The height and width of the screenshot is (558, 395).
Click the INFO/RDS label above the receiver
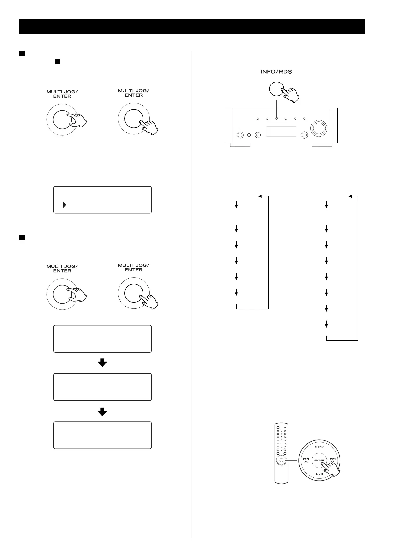(276, 72)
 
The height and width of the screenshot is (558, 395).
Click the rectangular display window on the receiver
(281, 131)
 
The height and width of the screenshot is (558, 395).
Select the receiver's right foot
(321, 145)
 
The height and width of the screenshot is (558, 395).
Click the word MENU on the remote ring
(319, 447)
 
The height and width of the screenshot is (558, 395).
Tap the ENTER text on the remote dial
(319, 460)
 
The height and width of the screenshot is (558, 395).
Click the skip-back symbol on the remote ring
(306, 459)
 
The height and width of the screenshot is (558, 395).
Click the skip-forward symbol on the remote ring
(333, 459)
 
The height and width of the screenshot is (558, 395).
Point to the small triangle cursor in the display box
(65, 205)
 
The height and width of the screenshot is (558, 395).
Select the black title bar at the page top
(192, 26)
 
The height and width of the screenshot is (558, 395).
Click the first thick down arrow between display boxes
(102, 363)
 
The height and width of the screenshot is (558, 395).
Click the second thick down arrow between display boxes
(102, 411)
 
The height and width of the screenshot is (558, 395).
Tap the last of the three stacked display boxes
(102, 435)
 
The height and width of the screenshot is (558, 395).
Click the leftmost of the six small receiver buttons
(257, 118)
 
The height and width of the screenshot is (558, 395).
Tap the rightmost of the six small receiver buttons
(304, 118)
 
